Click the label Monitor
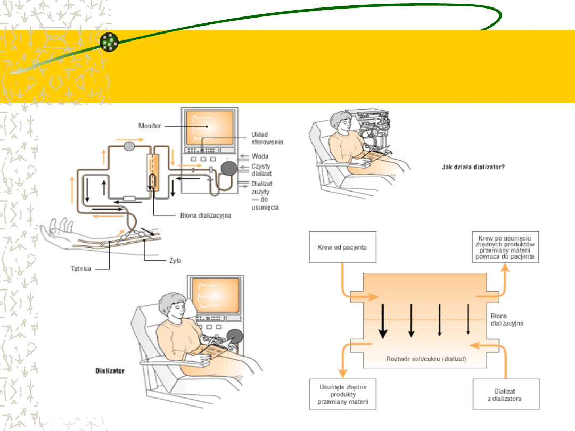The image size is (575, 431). coord(150,126)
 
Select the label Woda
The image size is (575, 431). coord(260,156)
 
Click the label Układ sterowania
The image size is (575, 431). coord(267,138)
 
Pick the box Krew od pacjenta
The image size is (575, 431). coord(342,247)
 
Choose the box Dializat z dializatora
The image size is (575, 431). coord(506,394)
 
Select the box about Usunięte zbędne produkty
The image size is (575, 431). coord(343,394)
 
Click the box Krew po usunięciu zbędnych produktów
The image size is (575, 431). coord(506,247)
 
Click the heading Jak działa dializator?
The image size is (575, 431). coord(473,167)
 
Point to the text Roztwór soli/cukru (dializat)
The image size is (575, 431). coord(426,359)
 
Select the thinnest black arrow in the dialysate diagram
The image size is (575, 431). coord(467,319)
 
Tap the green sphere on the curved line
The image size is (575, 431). coord(109,42)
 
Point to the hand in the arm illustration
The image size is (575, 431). coord(59,230)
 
